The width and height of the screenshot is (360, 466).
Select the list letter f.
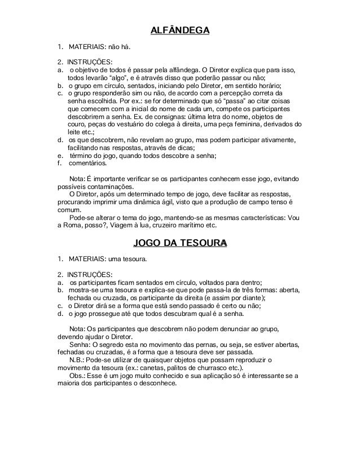click(x=59, y=164)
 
